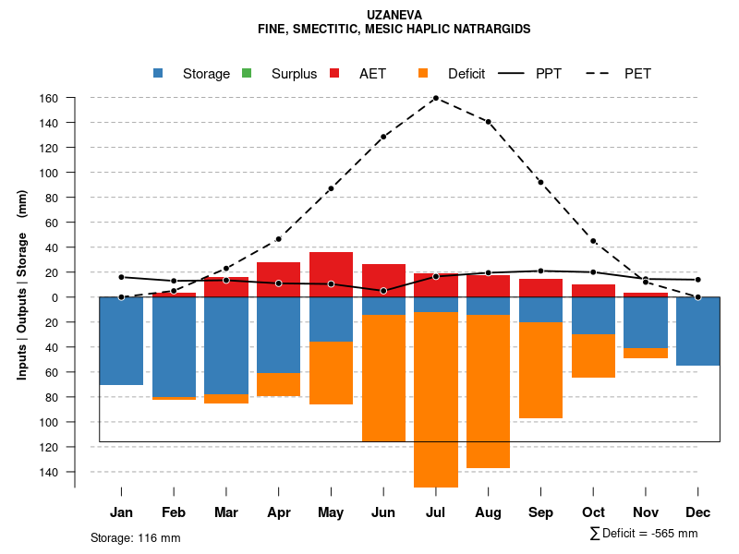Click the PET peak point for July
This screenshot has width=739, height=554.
[x=436, y=98]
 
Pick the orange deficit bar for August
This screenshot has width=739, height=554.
[x=489, y=391]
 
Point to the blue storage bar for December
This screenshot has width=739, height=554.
[x=698, y=331]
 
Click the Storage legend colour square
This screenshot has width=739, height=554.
[x=159, y=74]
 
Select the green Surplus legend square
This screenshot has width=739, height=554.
[x=248, y=74]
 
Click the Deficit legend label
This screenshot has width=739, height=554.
[x=466, y=74]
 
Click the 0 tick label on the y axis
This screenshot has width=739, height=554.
[x=55, y=297]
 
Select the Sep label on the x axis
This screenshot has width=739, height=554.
[x=540, y=512]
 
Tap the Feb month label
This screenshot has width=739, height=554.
[x=174, y=512]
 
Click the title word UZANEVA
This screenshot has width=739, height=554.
[x=394, y=16]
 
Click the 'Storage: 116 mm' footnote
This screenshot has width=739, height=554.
[x=136, y=537]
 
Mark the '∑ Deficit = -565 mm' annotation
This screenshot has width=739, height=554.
[x=643, y=534]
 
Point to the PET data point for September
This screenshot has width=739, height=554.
[x=540, y=183]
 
